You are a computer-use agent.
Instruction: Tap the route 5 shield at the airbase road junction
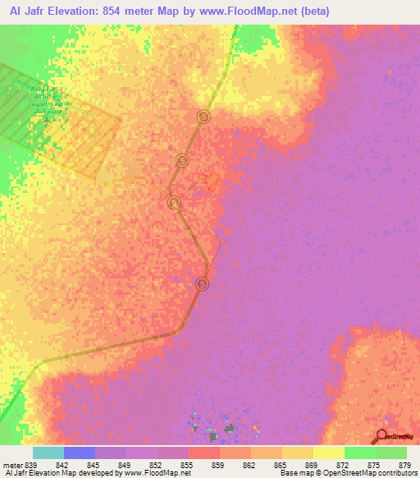tap(173, 202)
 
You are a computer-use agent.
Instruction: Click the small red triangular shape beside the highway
tap(212, 181)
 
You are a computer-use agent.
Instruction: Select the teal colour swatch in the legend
tap(48, 453)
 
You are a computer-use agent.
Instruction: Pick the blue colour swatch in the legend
tap(80, 453)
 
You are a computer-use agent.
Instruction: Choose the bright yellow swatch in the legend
tap(329, 453)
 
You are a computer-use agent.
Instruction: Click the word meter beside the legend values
tap(11, 466)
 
